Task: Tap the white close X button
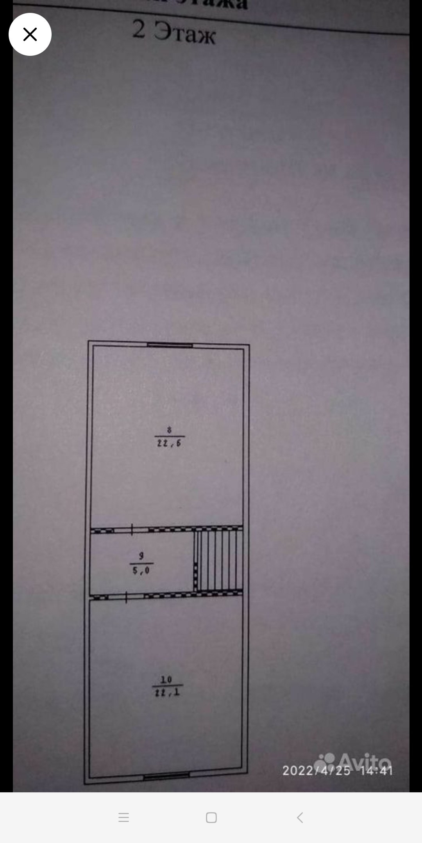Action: [30, 34]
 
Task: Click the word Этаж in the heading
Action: [184, 33]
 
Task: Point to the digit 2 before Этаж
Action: [139, 29]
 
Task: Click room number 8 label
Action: [169, 430]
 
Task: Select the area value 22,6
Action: [169, 443]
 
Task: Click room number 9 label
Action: [141, 556]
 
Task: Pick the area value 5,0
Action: [141, 571]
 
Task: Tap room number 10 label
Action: [166, 679]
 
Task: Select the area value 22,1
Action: [167, 693]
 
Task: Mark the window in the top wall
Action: [170, 345]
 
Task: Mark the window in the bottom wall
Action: [166, 776]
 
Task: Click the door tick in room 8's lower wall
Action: [132, 529]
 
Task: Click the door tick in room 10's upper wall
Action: [126, 597]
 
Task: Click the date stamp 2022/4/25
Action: [316, 770]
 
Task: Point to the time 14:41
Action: [376, 770]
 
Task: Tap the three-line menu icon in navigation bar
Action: [123, 818]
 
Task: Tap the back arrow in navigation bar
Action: [300, 818]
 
